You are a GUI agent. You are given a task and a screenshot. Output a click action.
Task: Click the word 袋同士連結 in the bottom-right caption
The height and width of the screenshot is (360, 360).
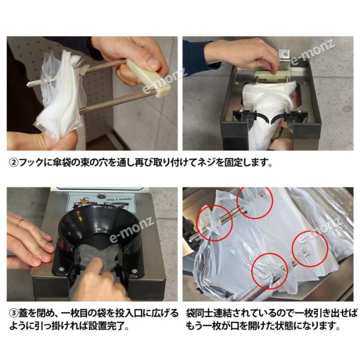pos(206,313)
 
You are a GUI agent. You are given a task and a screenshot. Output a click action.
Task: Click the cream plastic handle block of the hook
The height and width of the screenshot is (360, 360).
pos(148,78)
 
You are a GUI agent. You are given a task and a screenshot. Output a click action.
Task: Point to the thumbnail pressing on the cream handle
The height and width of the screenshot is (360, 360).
pos(152,62)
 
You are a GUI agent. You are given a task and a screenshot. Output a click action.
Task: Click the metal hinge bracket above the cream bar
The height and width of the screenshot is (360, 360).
pos(284,56)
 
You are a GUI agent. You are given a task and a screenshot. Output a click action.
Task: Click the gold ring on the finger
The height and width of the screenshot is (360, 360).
pos(20,221)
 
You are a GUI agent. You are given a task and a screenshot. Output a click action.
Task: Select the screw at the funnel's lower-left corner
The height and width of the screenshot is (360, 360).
pos(61,269)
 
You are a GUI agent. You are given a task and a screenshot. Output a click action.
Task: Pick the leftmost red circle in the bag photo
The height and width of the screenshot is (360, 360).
pos(215,223)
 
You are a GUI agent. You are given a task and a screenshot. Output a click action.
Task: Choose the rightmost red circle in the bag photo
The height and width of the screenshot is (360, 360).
pos(310,248)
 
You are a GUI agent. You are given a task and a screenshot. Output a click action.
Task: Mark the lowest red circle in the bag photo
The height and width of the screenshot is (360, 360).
pos(269,271)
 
